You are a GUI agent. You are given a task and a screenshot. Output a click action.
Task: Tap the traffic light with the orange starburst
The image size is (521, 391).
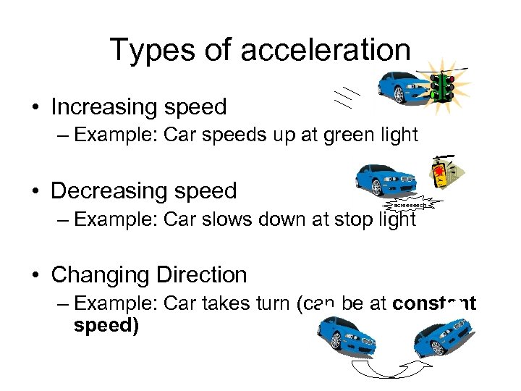pos(442,88)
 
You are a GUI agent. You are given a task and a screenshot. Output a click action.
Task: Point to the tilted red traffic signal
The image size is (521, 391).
pos(444,175)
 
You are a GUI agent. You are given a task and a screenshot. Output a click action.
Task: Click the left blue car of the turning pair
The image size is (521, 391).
pos(346,332)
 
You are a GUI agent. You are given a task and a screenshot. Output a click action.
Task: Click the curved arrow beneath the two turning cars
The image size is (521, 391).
pos(391,369)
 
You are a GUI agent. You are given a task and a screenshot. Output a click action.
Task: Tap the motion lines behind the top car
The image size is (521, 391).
pos(350,97)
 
